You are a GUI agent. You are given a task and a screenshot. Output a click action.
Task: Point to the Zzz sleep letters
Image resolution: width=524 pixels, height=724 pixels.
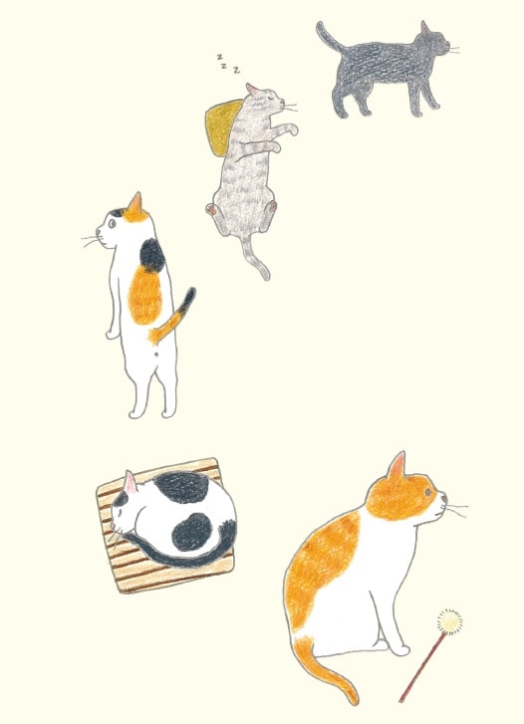[x=230, y=66]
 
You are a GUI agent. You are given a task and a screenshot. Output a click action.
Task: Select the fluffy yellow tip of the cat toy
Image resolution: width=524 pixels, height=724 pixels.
[x=451, y=622]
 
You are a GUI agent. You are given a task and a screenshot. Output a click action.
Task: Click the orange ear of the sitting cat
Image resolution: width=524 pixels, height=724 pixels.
[x=396, y=467]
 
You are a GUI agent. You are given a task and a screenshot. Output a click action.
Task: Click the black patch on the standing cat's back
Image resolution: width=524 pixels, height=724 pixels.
[x=151, y=257]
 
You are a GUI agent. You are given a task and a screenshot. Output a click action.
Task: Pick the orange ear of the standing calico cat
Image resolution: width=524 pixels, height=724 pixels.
[x=134, y=206]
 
